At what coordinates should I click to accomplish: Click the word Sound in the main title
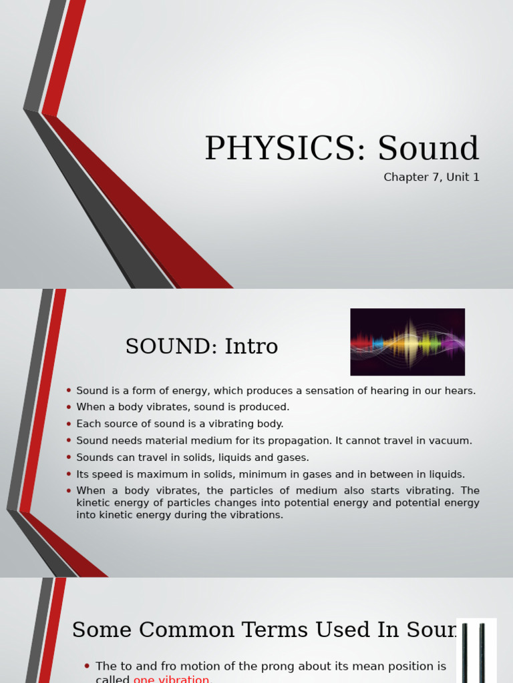[x=428, y=149]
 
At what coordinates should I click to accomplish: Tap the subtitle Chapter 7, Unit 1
[x=431, y=177]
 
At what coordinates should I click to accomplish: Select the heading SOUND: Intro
[x=201, y=347]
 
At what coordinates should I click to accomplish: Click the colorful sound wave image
[x=407, y=341]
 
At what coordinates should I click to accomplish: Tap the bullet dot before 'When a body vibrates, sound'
[x=69, y=407]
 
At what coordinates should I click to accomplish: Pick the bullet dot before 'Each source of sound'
[x=69, y=424]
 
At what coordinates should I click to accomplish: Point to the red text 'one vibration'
[x=172, y=679]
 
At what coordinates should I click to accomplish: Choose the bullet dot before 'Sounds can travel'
[x=69, y=458]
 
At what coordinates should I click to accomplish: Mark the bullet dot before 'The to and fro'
[x=88, y=666]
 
